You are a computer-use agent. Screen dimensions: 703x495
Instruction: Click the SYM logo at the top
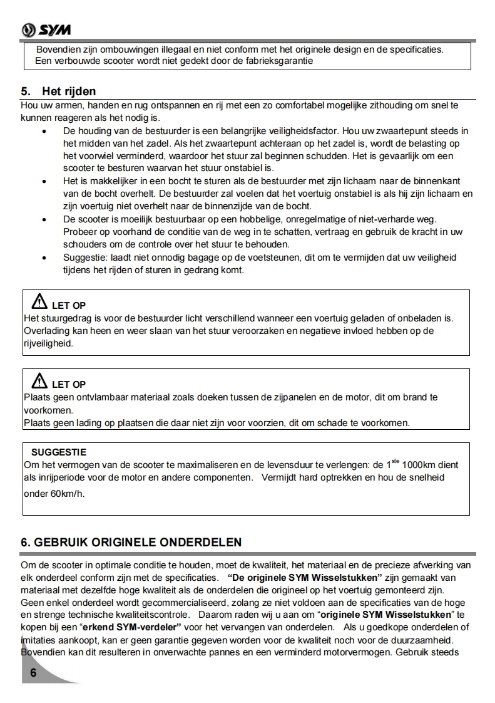click(46, 30)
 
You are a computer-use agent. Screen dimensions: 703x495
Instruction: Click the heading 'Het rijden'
click(69, 92)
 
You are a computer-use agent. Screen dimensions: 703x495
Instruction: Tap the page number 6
click(33, 673)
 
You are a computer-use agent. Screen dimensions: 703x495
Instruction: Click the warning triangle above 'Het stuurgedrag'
click(39, 301)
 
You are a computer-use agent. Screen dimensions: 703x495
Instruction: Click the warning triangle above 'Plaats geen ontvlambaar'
click(39, 380)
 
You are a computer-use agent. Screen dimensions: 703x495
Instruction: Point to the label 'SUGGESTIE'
click(59, 452)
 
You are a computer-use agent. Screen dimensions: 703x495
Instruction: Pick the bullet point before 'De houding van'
click(43, 131)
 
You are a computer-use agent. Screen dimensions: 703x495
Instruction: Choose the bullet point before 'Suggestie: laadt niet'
click(43, 258)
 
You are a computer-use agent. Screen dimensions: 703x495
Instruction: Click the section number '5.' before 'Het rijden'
click(26, 92)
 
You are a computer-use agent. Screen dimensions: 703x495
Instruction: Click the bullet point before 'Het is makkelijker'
click(43, 181)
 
